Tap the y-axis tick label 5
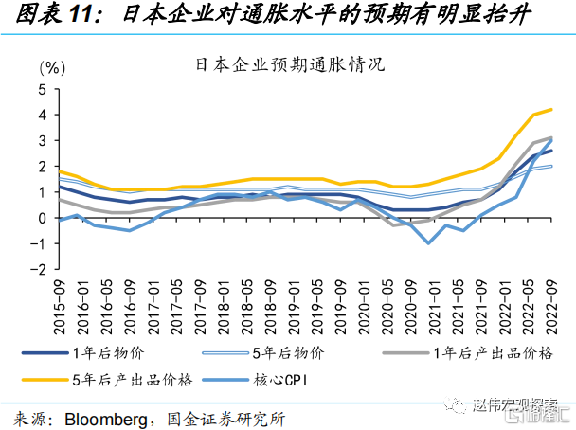pyautogui.click(x=42, y=89)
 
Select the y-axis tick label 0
pyautogui.click(x=42, y=218)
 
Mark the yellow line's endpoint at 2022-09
pyautogui.click(x=551, y=110)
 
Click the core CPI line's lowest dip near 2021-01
pyautogui.click(x=429, y=243)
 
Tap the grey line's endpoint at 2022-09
pyautogui.click(x=551, y=137)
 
